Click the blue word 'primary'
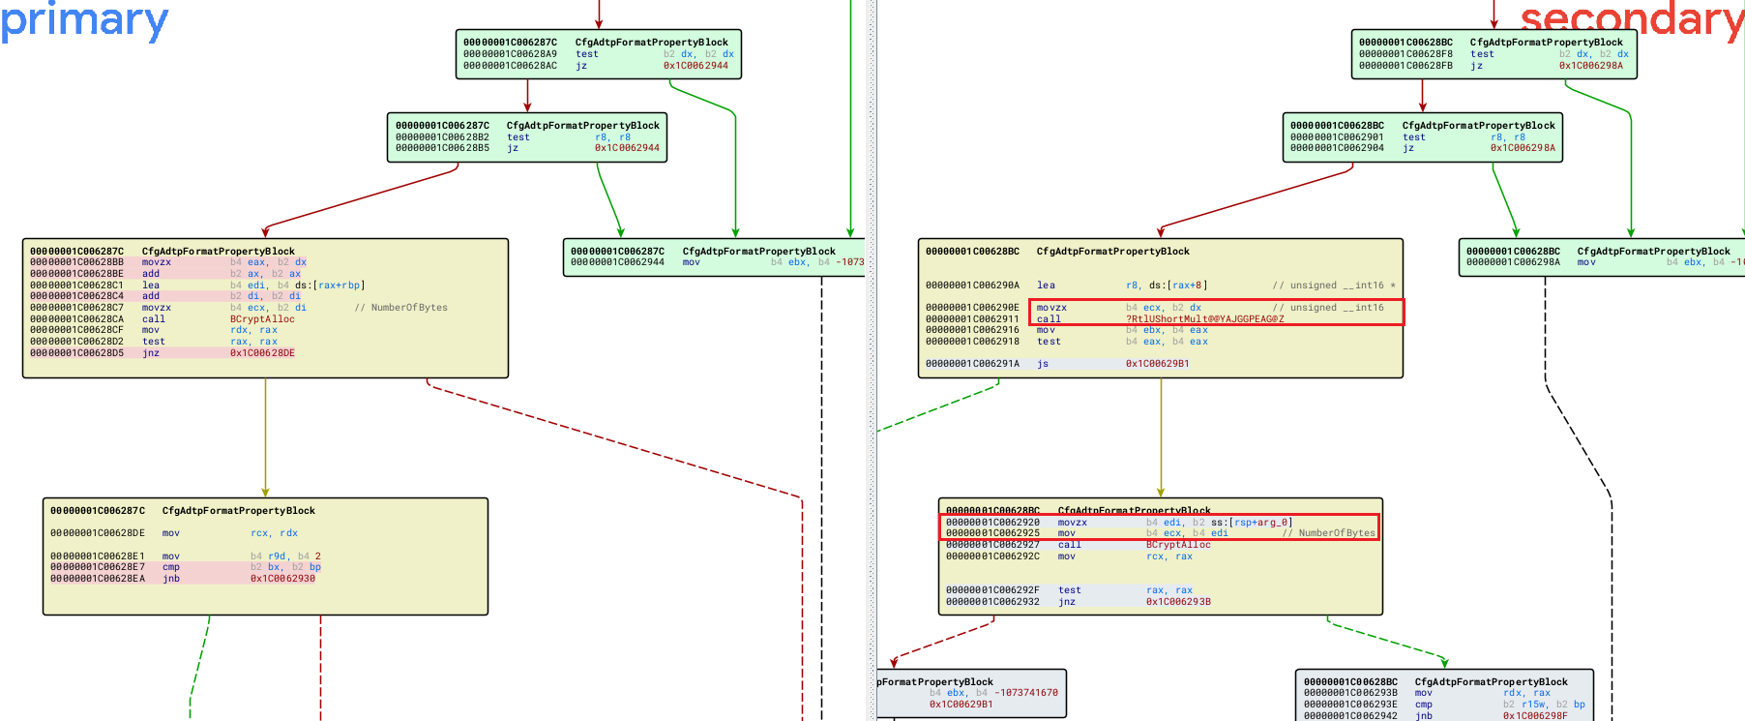click(84, 21)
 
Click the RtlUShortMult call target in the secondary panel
click(1204, 318)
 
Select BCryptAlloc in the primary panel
click(262, 318)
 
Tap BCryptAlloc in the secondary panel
click(1178, 545)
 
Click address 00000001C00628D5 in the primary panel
click(76, 353)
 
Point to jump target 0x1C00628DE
click(262, 353)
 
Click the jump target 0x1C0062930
click(282, 579)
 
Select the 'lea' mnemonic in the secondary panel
click(1046, 285)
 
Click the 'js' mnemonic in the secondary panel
click(1043, 364)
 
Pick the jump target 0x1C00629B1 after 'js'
click(1157, 364)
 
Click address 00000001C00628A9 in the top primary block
click(510, 54)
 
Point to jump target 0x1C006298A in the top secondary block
click(1590, 66)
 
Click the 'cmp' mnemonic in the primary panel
click(170, 567)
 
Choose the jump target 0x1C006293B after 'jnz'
click(1178, 602)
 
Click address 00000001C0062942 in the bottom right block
click(1350, 716)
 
